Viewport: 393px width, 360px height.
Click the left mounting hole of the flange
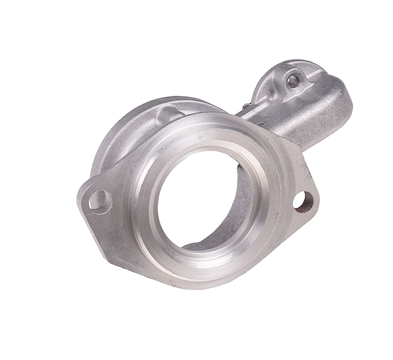99,200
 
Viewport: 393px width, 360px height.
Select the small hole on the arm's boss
293,79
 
